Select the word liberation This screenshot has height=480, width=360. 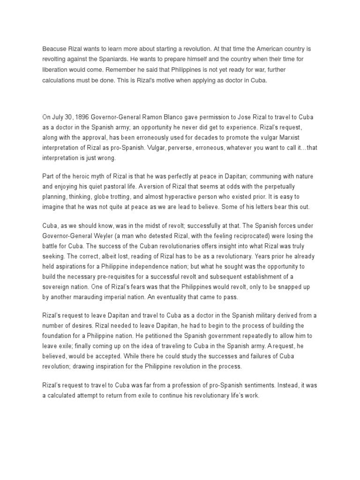click(57, 70)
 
